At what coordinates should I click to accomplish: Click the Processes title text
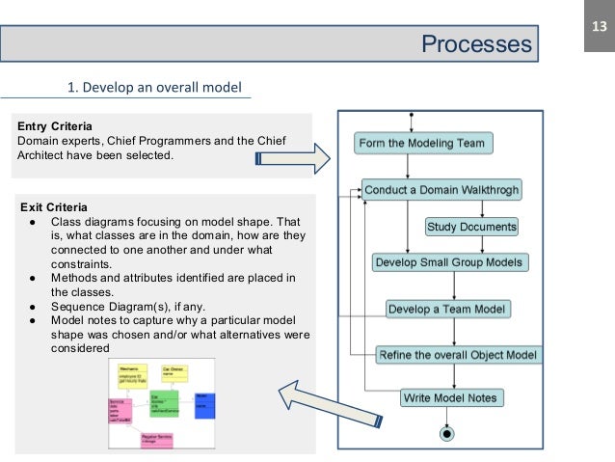click(x=476, y=44)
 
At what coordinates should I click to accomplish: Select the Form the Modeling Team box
click(x=424, y=144)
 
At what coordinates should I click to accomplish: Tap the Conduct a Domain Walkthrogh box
click(x=441, y=190)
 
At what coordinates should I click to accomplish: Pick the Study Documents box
click(x=471, y=228)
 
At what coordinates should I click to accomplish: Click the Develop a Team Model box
click(x=448, y=310)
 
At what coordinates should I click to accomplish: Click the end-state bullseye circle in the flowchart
click(x=445, y=434)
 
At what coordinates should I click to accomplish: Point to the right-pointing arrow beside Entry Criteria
click(x=322, y=156)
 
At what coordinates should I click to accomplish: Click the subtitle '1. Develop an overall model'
click(x=152, y=90)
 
